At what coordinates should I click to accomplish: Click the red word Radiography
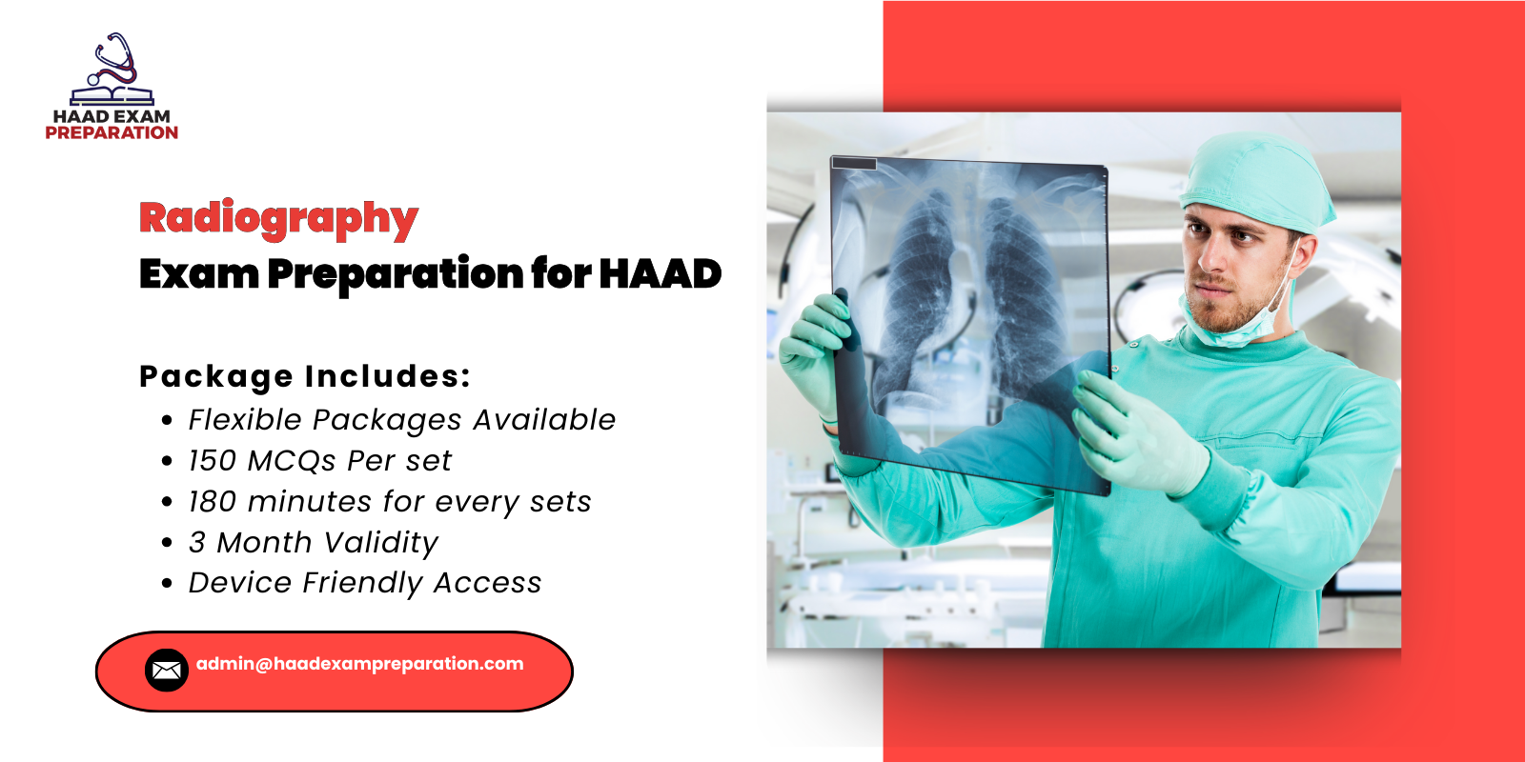point(278,218)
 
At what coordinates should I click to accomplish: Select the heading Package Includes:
point(305,376)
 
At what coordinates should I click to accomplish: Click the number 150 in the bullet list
point(212,461)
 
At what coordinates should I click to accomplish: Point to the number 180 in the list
point(212,502)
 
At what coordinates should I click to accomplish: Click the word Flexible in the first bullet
point(244,420)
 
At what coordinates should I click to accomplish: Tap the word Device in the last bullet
point(239,583)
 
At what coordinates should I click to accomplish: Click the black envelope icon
point(167,671)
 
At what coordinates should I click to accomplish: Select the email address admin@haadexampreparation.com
point(360,664)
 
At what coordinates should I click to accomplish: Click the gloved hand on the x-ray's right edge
point(1134,429)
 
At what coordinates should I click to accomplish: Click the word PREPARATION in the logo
point(112,133)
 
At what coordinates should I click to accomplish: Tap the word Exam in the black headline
point(198,274)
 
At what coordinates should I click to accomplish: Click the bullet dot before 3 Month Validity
point(168,543)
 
